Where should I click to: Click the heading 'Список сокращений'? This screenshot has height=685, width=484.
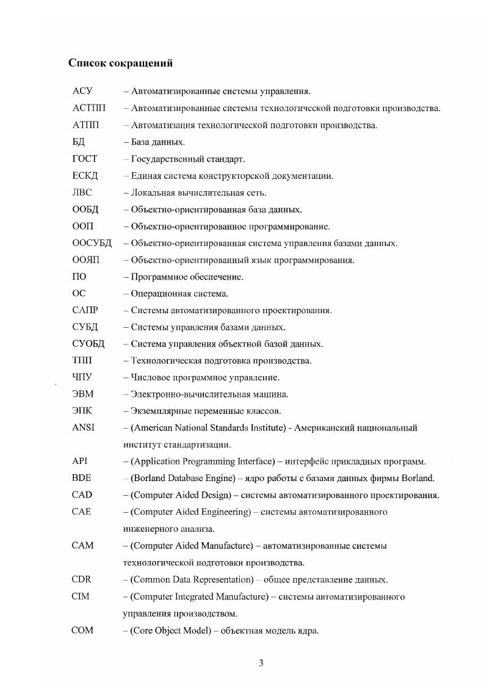pos(120,63)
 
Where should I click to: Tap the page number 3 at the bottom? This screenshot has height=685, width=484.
pos(261,664)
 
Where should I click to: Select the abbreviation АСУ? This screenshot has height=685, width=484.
pos(82,92)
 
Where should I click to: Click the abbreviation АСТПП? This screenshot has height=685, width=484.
pos(88,109)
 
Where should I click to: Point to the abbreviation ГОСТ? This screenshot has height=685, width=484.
pos(85,159)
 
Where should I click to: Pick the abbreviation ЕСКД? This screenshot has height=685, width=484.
pos(85,176)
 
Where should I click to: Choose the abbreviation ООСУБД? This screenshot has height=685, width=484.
pos(92,243)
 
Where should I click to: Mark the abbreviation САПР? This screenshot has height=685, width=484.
pos(85,310)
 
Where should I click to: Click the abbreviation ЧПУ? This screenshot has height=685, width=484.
pos(82,377)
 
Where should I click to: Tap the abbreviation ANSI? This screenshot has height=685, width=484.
pos(83,427)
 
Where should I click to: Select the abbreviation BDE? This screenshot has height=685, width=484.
pos(81,478)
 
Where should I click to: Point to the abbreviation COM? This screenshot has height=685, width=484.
pos(82,629)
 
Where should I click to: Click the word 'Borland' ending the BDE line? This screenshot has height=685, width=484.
pos(419,478)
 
